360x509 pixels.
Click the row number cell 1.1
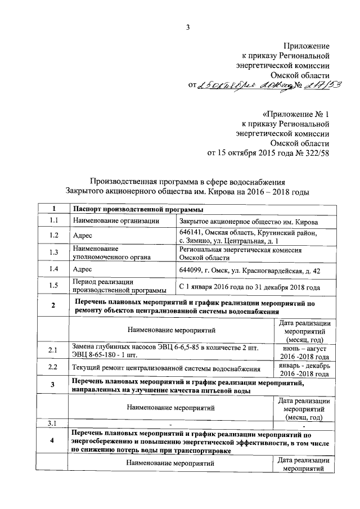tap(53, 220)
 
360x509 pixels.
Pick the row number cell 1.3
tap(53, 253)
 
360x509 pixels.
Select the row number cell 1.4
tap(53, 269)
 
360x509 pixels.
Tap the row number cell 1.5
tap(53, 286)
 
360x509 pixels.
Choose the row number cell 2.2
tap(53, 368)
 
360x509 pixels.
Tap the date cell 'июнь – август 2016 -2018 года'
tap(304, 352)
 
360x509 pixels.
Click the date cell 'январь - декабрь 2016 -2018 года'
tap(304, 369)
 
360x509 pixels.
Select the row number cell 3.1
tap(53, 423)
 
